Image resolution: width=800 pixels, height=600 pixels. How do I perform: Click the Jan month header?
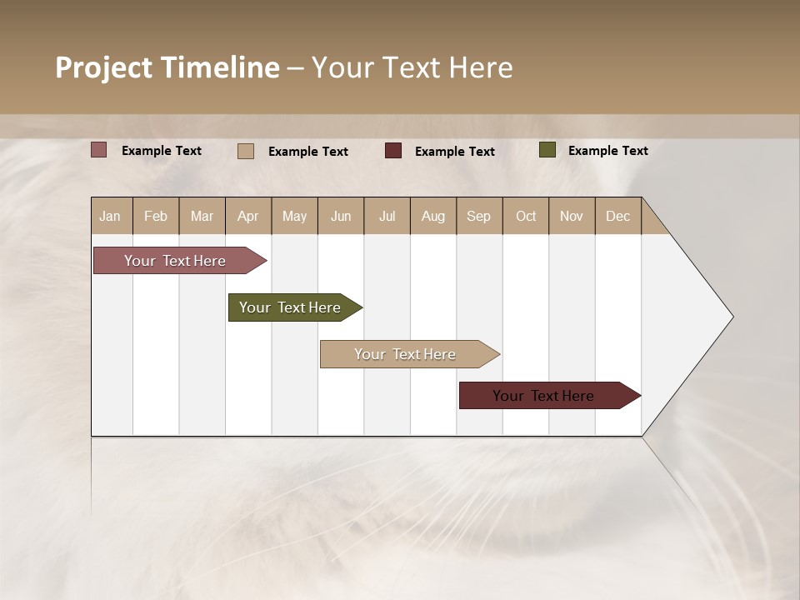111,216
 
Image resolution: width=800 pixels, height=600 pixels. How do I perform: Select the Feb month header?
156,216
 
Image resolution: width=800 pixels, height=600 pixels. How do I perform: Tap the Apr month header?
248,216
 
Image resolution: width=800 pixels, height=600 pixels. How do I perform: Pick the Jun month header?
341,216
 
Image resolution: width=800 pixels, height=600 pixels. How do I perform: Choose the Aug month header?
433,216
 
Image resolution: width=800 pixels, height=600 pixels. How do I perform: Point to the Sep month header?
479,216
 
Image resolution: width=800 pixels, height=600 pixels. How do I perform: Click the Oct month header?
526,216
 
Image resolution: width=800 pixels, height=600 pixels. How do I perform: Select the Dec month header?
618,216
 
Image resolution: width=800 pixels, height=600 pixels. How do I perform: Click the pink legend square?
99,150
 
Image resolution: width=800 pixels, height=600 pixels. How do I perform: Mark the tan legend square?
246,151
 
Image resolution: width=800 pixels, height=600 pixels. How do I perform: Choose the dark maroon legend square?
393,151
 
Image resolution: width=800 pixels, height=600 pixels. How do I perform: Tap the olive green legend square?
547,150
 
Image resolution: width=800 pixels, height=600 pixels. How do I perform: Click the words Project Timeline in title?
167,67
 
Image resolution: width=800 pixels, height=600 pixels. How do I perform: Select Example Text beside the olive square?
608,151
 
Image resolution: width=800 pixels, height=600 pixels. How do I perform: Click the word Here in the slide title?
481,67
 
